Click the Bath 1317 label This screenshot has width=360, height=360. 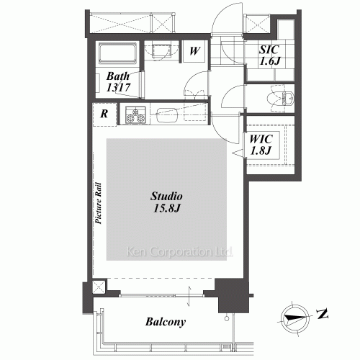(117, 81)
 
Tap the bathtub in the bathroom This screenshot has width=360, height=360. (117, 55)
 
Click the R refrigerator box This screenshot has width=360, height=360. (105, 113)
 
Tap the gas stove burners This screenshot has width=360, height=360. (135, 114)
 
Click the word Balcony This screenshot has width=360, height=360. (165, 322)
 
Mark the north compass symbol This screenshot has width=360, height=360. (295, 315)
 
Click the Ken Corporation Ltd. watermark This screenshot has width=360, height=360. (179, 253)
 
